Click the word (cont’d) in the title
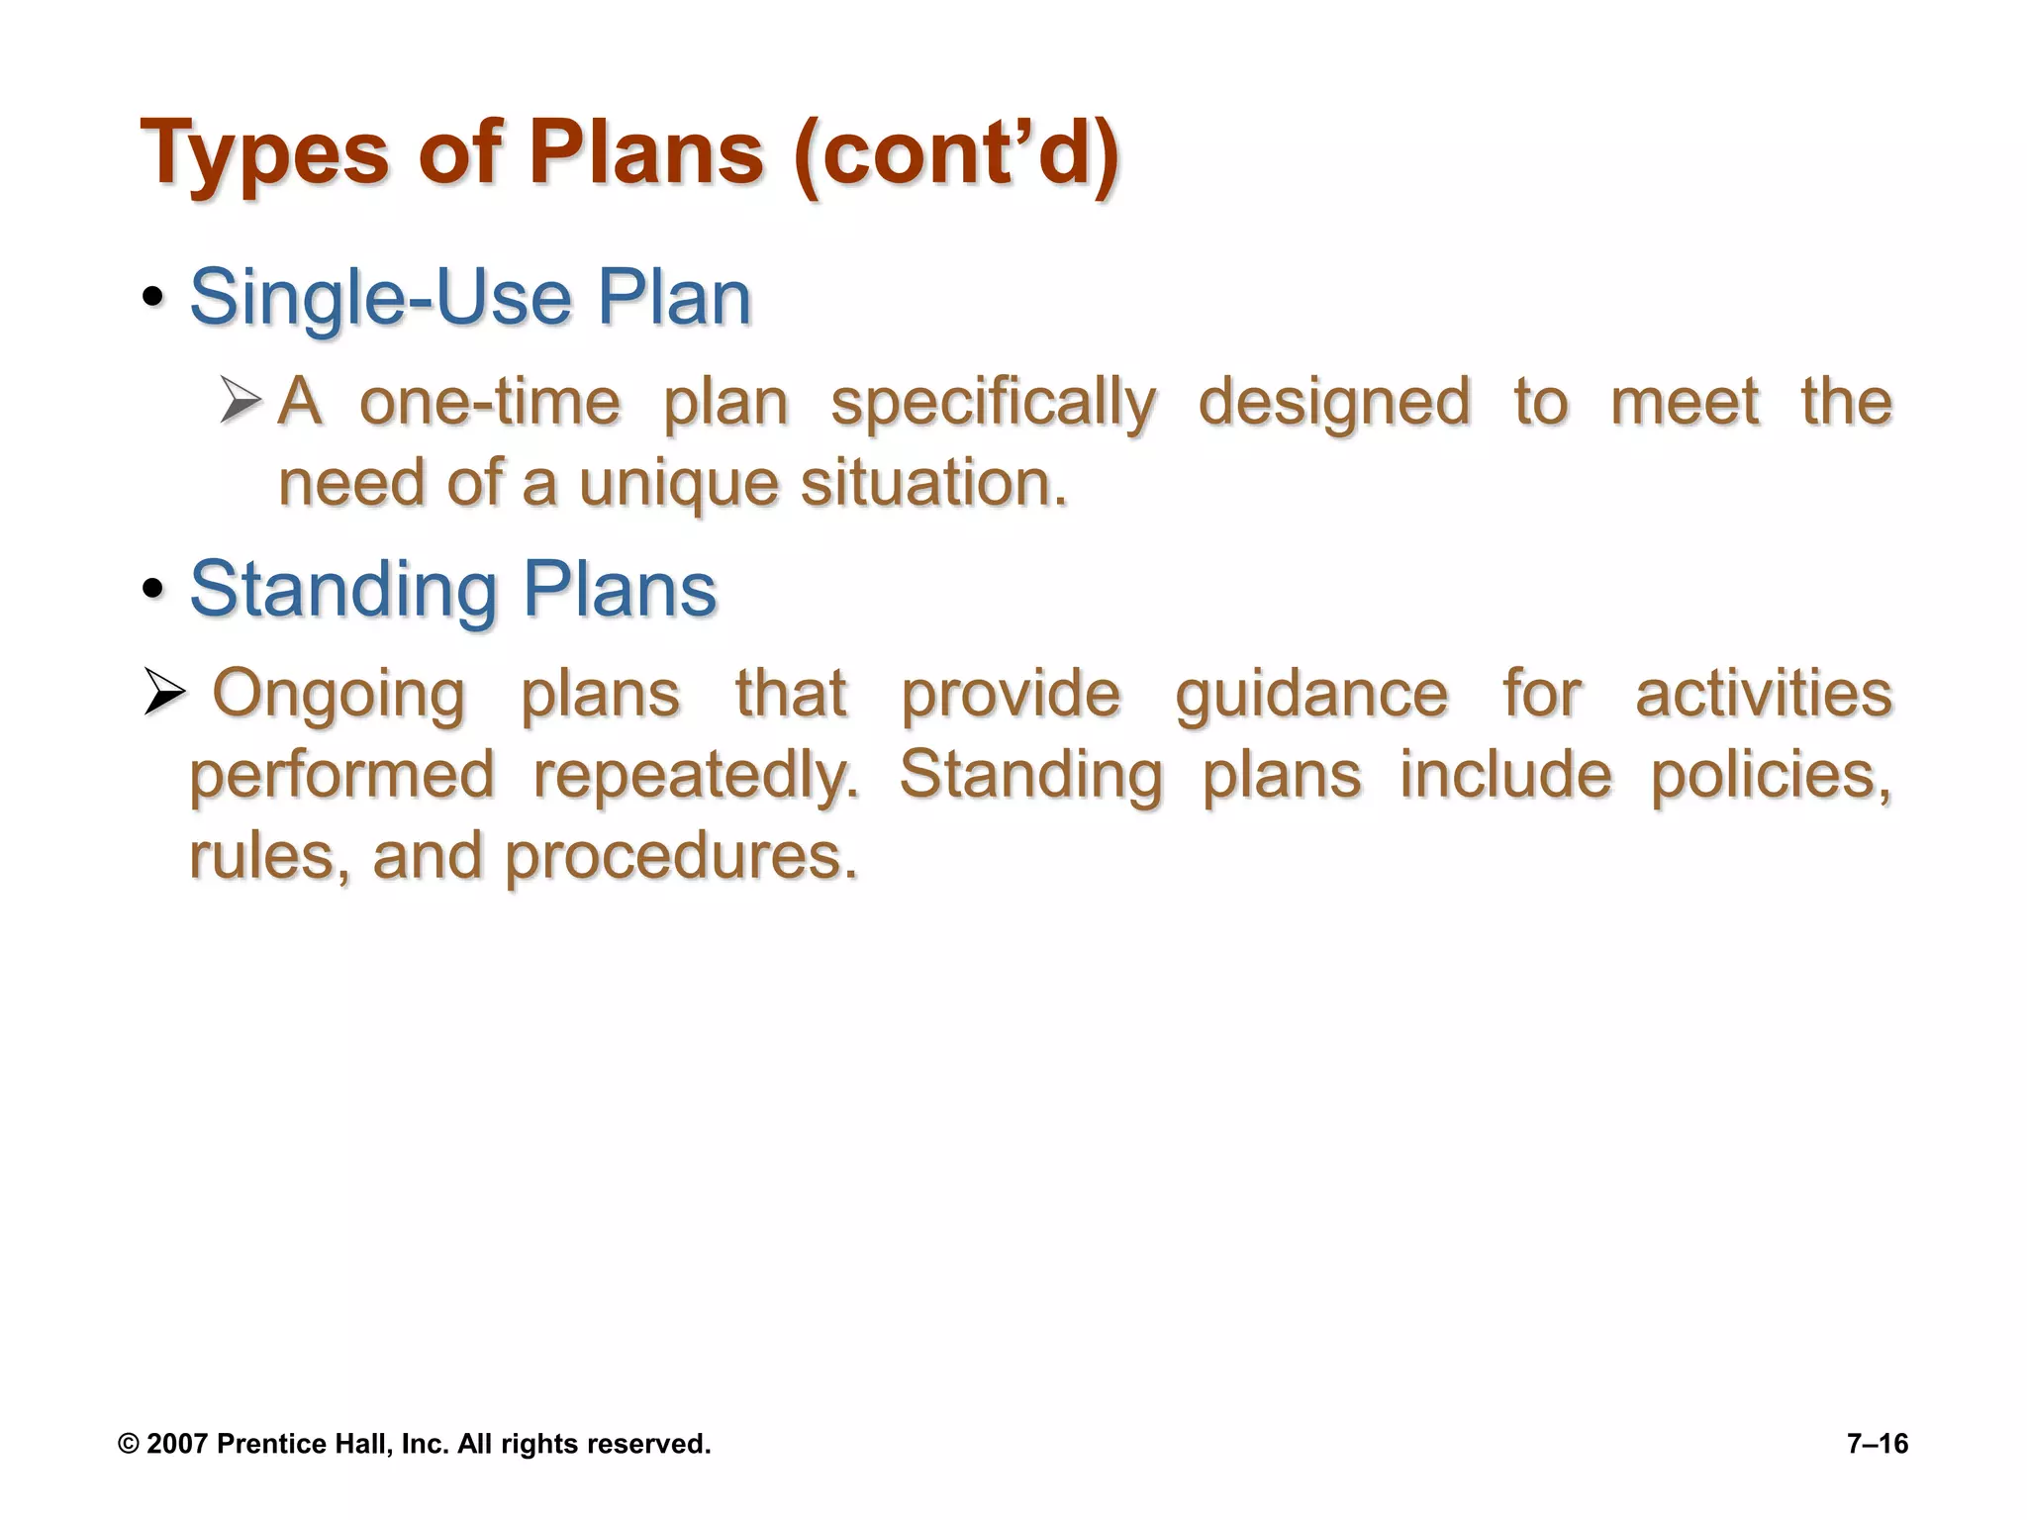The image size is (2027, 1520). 955,154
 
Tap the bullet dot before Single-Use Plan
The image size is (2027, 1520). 152,298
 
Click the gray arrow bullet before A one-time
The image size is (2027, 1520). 241,401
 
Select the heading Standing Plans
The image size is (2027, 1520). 452,590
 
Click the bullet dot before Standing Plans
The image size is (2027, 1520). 152,590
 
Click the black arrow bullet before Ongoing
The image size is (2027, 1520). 164,691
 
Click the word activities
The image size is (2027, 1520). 1764,693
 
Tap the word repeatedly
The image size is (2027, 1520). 697,776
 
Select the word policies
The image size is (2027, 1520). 1771,774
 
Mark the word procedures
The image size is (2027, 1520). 681,857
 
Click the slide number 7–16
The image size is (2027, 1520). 1878,1444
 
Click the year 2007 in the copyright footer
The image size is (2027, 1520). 177,1444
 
